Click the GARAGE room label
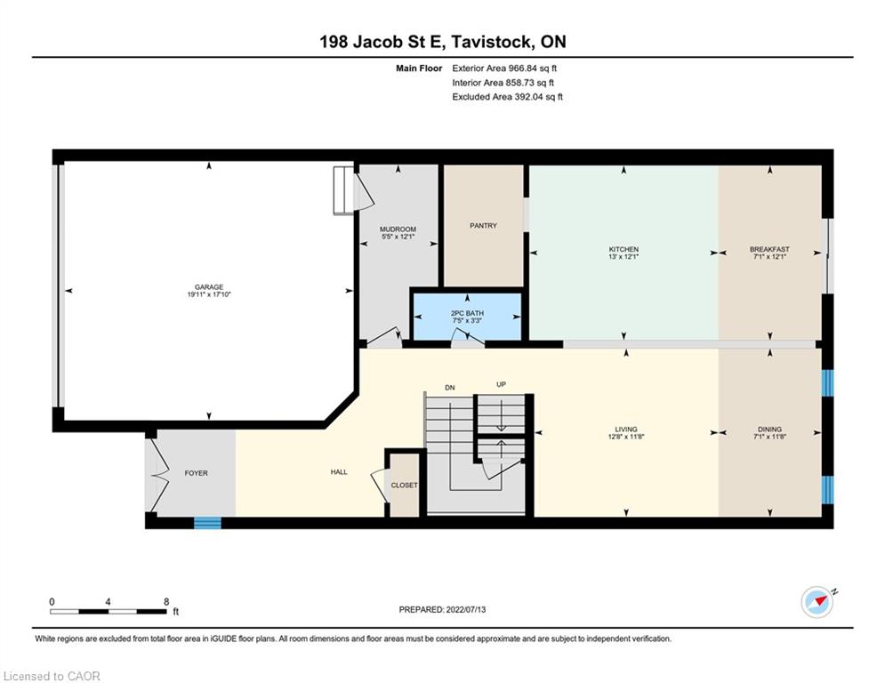(209, 286)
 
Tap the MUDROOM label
(398, 229)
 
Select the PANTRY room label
(483, 225)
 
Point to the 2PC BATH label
(467, 313)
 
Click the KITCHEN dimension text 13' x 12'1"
(624, 256)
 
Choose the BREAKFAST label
(770, 249)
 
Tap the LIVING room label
(626, 429)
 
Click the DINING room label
(770, 429)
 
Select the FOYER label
(197, 473)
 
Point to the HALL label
(339, 472)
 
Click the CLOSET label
(405, 485)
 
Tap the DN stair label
(450, 388)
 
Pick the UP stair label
(501, 384)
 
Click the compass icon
(817, 602)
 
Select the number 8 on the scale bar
(166, 602)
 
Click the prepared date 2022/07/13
(466, 609)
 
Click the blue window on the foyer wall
(208, 523)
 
